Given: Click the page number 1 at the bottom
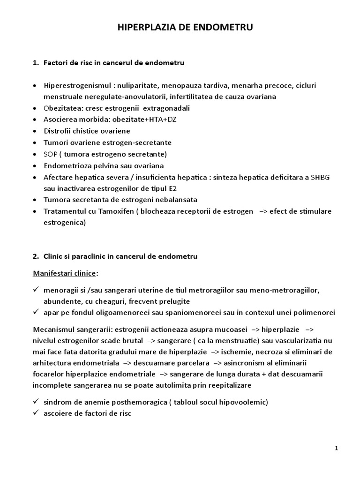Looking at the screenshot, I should point(337,448).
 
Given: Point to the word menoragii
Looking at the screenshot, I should point(59,289).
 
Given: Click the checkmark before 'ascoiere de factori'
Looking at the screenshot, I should point(36,413).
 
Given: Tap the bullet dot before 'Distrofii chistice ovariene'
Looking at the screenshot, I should point(36,131).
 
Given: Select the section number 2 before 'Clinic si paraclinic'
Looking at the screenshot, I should point(36,256).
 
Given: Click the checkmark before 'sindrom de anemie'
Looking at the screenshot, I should point(36,402).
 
